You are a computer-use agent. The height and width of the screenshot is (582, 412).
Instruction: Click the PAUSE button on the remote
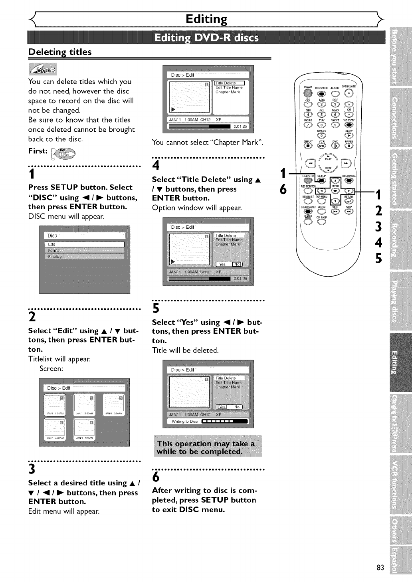pyautogui.click(x=349, y=145)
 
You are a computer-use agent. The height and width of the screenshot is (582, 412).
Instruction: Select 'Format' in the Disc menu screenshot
pyautogui.click(x=55, y=251)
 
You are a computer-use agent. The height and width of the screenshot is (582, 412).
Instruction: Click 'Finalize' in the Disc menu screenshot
pyautogui.click(x=55, y=257)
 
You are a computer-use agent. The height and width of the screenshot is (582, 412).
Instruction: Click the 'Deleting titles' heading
pyautogui.click(x=60, y=52)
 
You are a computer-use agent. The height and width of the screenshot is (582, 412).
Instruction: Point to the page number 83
pyautogui.click(x=380, y=568)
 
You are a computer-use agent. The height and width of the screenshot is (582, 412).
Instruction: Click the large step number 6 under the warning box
pyautogui.click(x=156, y=477)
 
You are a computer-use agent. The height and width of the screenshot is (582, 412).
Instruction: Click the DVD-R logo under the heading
pyautogui.click(x=43, y=69)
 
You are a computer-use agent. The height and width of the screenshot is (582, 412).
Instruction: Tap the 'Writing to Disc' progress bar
pyautogui.click(x=225, y=421)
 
